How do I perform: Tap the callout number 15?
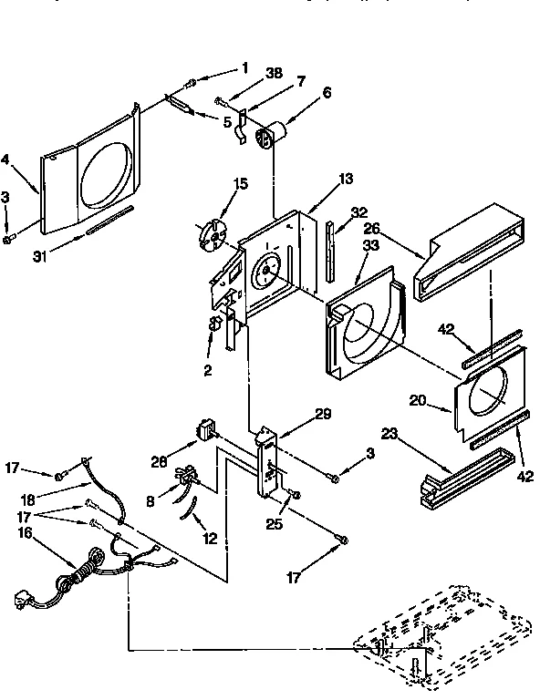241,184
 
